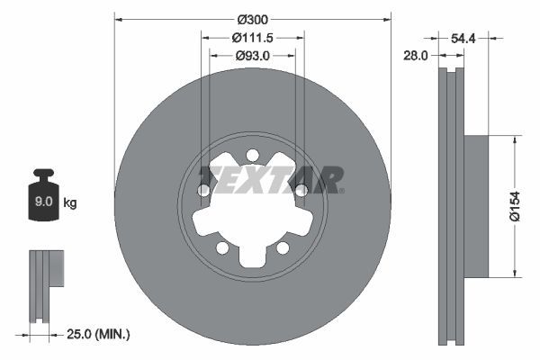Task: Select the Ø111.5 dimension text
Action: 253,37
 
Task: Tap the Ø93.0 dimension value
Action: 253,55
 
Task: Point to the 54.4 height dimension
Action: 463,39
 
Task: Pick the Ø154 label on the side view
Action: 515,206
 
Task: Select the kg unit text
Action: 70,203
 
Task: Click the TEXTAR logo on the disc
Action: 270,179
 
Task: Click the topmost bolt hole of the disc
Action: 253,154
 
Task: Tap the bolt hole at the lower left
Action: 222,247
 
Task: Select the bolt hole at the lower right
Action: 283,247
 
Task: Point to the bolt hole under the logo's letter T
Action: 204,190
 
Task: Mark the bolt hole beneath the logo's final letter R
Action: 301,190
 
